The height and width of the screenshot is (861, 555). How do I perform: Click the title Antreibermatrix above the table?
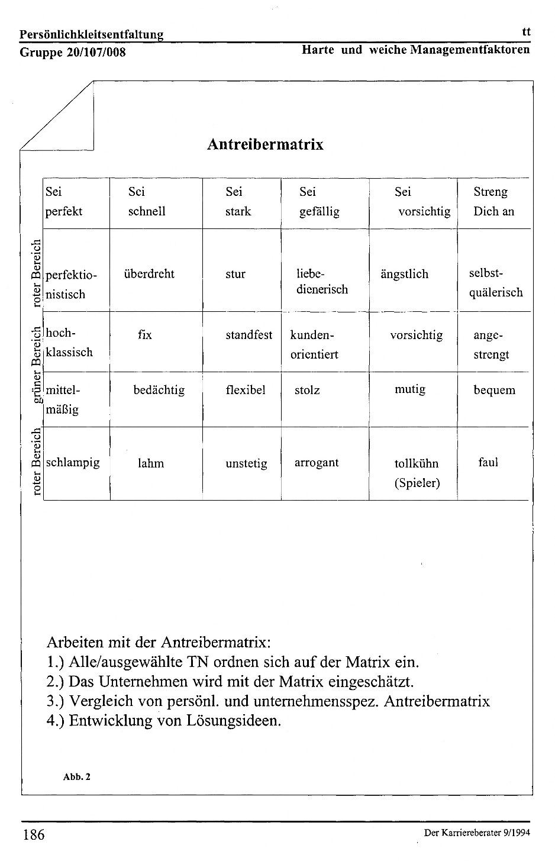[x=265, y=145]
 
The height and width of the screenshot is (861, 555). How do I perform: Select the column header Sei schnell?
[x=147, y=202]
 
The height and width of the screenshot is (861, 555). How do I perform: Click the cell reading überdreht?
[x=149, y=274]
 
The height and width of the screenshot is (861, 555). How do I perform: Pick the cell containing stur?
[x=235, y=274]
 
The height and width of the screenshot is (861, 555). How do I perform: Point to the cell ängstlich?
[x=404, y=274]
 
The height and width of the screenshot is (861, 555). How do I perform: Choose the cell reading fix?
[x=144, y=335]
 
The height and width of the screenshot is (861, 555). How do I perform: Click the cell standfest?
[x=249, y=335]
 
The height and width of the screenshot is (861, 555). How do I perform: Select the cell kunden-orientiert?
[x=314, y=344]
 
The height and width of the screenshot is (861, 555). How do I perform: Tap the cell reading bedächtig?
[x=159, y=390]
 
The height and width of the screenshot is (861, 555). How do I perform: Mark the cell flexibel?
[x=246, y=390]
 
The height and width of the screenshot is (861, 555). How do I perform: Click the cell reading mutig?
[x=410, y=389]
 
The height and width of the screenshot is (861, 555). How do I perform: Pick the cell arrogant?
[x=317, y=463]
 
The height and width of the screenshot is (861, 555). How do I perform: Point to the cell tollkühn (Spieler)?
[x=417, y=473]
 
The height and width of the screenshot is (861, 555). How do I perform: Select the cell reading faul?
[x=488, y=462]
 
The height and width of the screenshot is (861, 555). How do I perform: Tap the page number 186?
[x=34, y=835]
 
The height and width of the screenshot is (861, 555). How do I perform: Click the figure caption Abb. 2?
[x=76, y=777]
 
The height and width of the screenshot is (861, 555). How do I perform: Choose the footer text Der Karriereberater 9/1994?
[x=477, y=833]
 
